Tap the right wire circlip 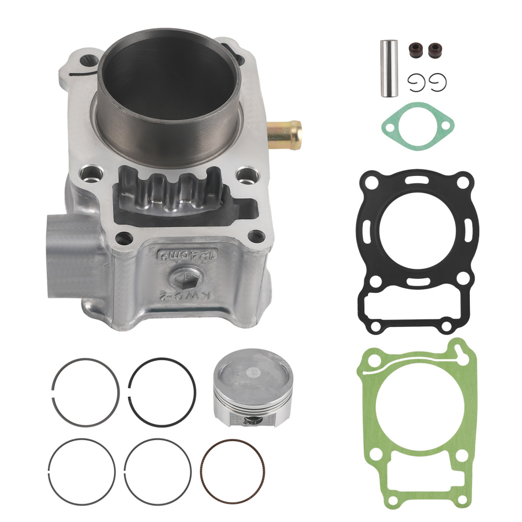coord(438,82)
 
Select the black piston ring coord(162,391)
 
